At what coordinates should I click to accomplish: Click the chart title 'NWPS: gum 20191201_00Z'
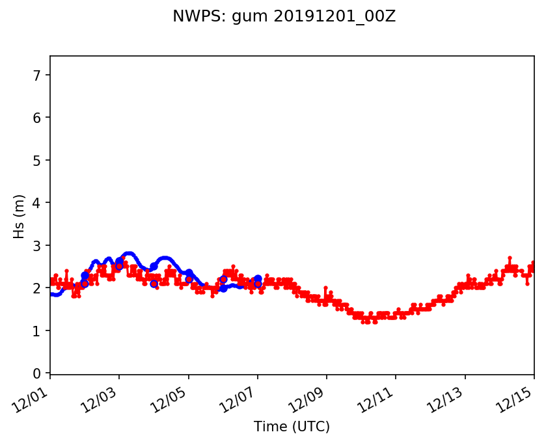pos(284,17)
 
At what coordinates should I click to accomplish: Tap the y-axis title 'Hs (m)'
pos(20,216)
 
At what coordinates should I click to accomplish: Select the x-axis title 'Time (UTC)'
pos(292,427)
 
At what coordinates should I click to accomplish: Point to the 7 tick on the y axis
pos(38,75)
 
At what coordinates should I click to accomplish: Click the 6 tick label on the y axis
pos(38,118)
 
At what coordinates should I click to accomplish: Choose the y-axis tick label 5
pos(38,160)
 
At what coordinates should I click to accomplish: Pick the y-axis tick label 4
pos(38,203)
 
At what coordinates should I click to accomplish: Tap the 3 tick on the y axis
pos(38,245)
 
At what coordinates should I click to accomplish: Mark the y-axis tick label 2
pos(38,288)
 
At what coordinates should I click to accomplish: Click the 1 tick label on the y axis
pos(38,330)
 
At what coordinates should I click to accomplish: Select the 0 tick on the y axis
pos(38,373)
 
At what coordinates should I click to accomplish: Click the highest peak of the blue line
pos(129,254)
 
